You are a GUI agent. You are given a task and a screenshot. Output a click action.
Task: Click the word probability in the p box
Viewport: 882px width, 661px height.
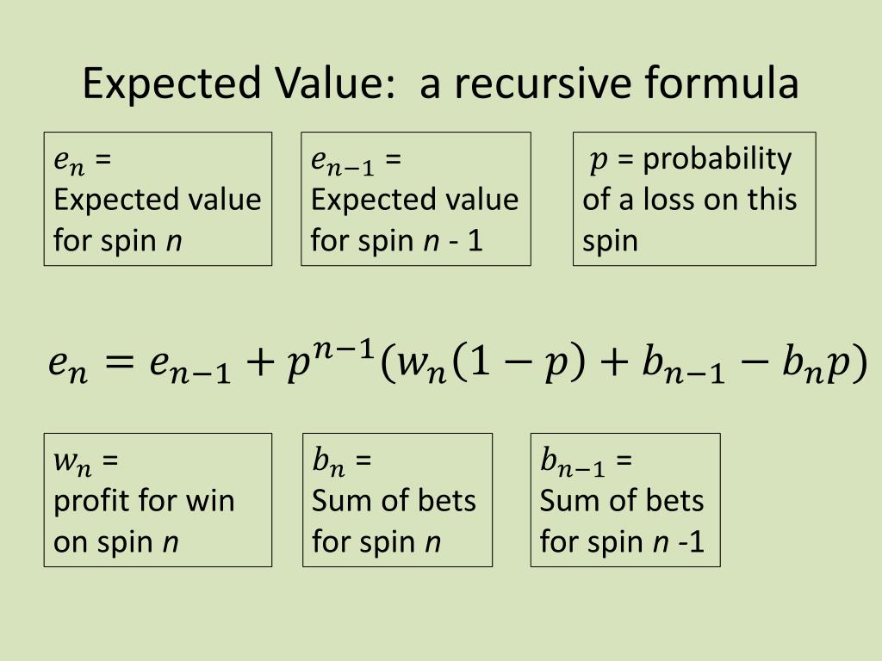pyautogui.click(x=717, y=159)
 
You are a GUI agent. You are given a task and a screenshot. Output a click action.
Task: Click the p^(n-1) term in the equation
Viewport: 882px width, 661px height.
pyautogui.click(x=331, y=360)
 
